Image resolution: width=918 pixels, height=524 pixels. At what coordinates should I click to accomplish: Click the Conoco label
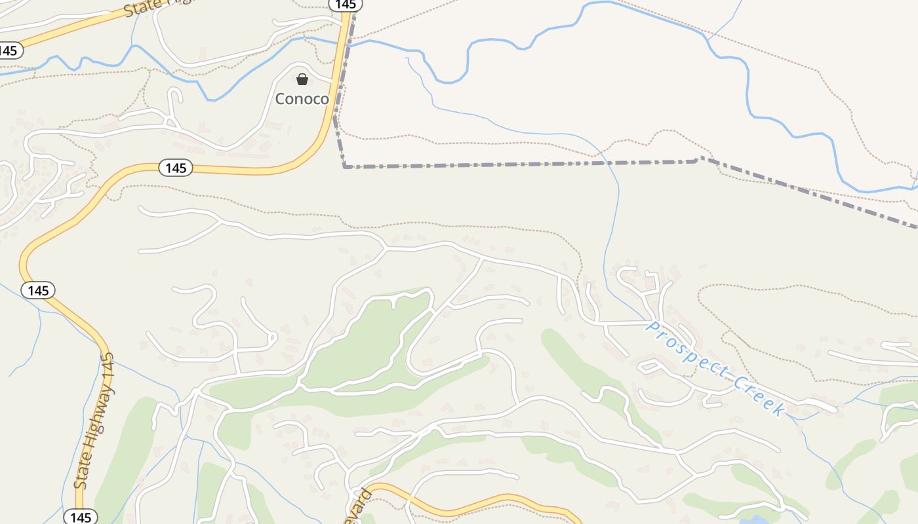click(x=302, y=99)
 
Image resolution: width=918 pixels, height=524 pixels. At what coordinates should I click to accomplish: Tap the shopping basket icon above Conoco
click(x=302, y=80)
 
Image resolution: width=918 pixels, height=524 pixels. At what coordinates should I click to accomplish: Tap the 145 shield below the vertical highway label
click(x=81, y=517)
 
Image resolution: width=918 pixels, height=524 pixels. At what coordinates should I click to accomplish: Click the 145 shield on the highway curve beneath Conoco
click(x=176, y=168)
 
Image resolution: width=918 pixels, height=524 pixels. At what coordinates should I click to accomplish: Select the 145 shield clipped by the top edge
click(x=345, y=5)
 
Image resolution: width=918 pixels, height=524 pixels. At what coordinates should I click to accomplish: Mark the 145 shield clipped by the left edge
click(x=10, y=50)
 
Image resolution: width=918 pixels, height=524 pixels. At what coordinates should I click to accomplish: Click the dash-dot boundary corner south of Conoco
click(x=345, y=166)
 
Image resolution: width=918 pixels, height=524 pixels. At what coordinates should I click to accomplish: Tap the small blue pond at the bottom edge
click(x=754, y=521)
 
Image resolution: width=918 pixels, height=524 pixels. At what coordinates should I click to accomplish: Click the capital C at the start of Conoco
click(x=281, y=99)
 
